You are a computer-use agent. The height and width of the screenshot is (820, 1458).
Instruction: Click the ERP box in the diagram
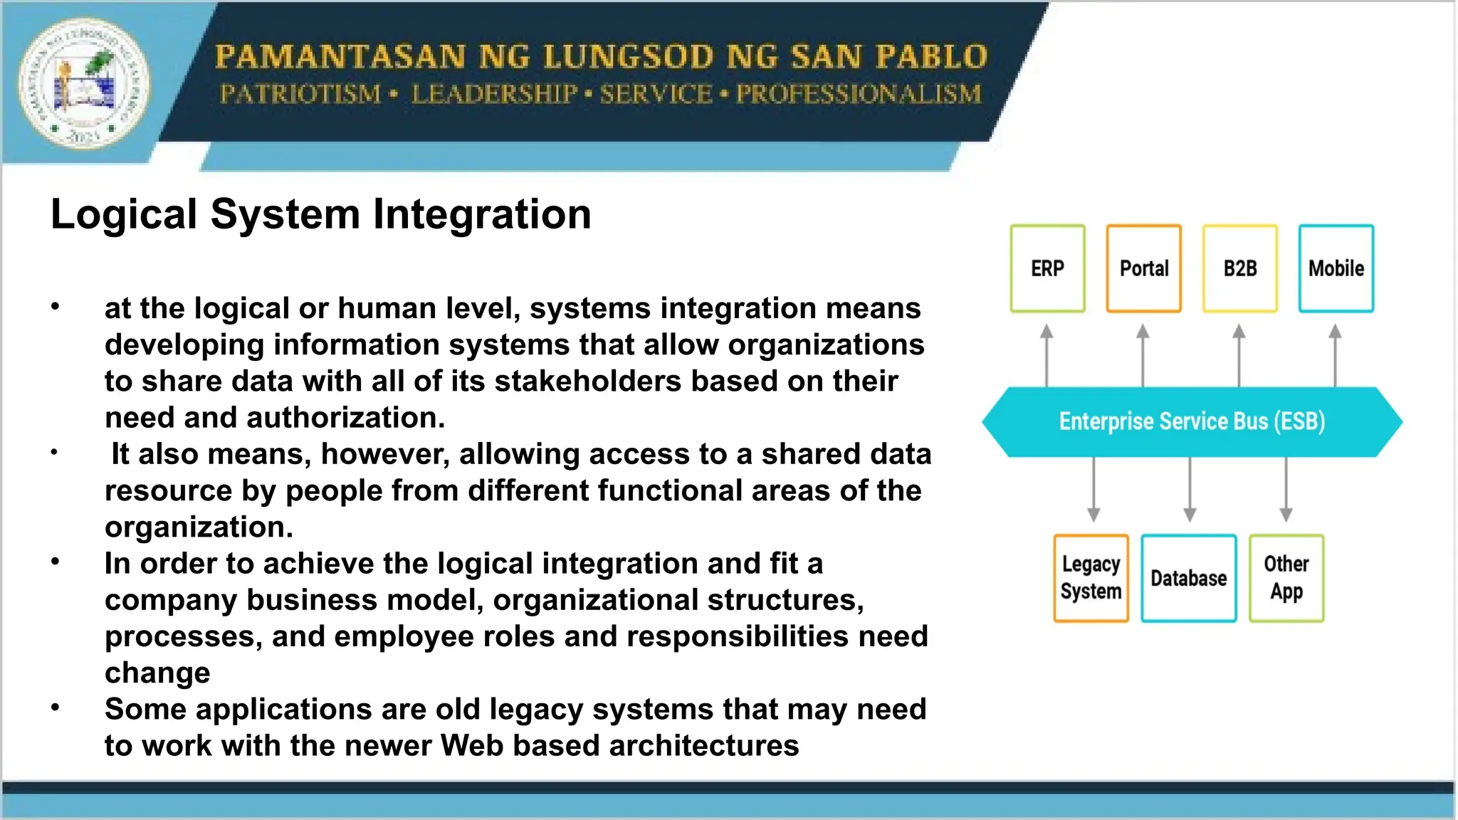(x=1047, y=268)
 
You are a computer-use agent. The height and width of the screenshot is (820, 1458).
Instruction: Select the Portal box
(x=1143, y=268)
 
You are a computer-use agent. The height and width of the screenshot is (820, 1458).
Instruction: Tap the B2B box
(x=1239, y=268)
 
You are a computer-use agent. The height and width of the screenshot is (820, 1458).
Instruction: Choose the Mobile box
(x=1336, y=268)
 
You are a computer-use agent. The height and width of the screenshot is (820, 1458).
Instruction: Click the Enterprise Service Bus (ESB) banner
(x=1192, y=421)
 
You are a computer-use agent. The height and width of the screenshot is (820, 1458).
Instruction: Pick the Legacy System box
(x=1091, y=578)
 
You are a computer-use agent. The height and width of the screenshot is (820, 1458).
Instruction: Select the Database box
(x=1188, y=578)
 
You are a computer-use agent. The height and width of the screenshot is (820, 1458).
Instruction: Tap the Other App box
(x=1286, y=578)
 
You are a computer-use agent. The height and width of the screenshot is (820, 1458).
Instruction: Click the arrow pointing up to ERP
(x=1047, y=356)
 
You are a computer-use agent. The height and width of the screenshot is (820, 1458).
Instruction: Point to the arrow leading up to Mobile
(x=1336, y=356)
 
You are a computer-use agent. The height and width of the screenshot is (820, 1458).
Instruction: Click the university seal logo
(x=84, y=83)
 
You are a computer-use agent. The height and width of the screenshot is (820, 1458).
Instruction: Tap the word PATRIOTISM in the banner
(x=300, y=94)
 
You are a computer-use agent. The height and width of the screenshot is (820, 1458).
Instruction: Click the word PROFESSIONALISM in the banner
(x=859, y=94)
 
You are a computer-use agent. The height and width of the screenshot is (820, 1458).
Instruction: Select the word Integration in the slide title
(x=482, y=214)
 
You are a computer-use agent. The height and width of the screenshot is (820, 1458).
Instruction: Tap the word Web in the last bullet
(x=472, y=746)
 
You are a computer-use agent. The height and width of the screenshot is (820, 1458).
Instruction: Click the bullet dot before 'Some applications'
(x=55, y=708)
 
